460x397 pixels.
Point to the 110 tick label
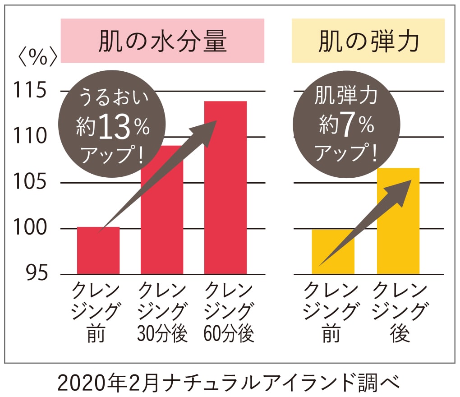[x=29, y=137]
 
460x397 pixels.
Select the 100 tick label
[x=29, y=228]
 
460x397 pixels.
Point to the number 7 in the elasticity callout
[x=347, y=128]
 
